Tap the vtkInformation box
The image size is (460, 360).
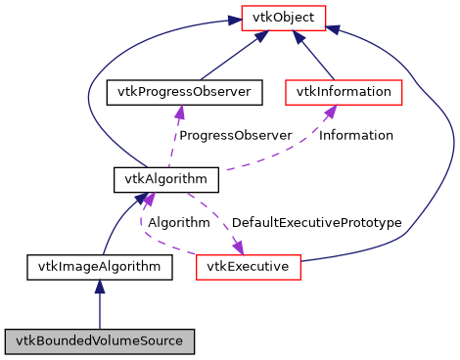(344, 93)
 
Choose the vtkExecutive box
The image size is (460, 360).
(248, 265)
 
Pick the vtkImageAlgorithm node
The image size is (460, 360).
(99, 265)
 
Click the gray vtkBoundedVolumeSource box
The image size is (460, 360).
(99, 340)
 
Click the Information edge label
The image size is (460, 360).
(356, 135)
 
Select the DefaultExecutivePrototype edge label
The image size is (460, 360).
(316, 223)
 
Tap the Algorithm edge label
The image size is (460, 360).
(178, 223)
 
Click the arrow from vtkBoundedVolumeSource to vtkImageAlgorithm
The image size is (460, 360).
(99, 303)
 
